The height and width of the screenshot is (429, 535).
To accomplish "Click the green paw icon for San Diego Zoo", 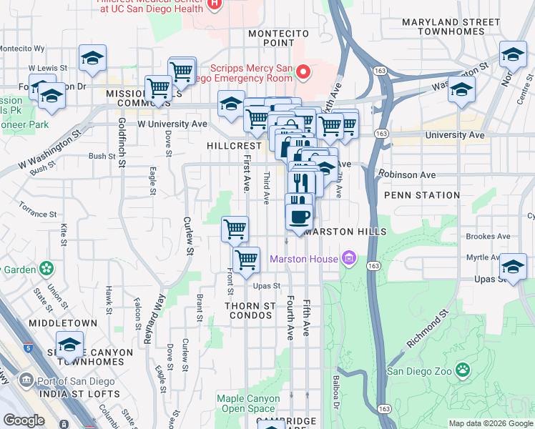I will tap(463, 370).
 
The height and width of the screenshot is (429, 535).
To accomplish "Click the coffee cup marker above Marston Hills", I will tap(298, 216).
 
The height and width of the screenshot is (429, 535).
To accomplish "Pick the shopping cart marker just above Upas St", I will tap(246, 260).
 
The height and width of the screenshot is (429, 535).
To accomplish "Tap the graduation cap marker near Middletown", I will tap(69, 345).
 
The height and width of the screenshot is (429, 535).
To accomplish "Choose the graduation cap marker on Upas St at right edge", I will tap(513, 267).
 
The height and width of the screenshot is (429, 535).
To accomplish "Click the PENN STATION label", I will tap(422, 195).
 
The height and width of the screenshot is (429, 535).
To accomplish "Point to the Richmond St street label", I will tap(428, 329).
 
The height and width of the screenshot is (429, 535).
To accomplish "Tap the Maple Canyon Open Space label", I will tap(248, 404).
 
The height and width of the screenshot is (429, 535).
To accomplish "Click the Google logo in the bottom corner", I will tap(24, 420).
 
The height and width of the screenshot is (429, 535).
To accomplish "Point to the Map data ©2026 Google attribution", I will tap(491, 423).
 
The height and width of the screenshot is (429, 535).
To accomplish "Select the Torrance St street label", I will tap(38, 214).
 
